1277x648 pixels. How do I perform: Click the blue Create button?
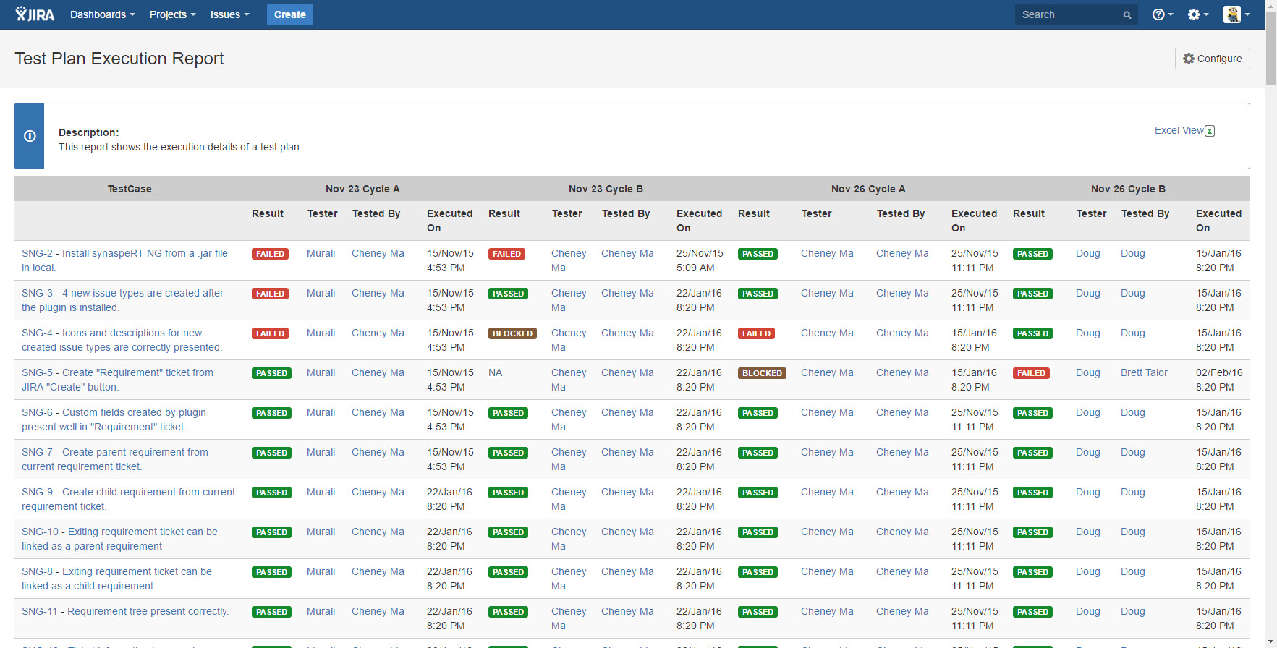[x=289, y=14]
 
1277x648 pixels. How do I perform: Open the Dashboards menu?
[x=102, y=14]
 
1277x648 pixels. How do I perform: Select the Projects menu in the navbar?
[x=172, y=14]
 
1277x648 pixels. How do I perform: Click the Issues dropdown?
[x=229, y=14]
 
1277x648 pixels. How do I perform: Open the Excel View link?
[x=1184, y=130]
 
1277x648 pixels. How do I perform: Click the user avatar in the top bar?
[x=1232, y=14]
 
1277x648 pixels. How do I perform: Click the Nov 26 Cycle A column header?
[x=868, y=189]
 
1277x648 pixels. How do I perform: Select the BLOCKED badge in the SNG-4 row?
[x=512, y=333]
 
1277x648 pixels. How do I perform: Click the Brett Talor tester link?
[x=1144, y=372]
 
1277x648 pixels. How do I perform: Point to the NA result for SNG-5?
[x=495, y=372]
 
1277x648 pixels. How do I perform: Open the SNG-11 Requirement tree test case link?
[x=125, y=611]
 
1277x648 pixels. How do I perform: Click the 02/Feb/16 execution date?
[x=1219, y=372]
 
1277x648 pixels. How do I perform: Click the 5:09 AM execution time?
[x=695, y=268]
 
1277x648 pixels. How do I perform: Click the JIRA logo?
[x=35, y=14]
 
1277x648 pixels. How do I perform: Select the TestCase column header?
[x=130, y=189]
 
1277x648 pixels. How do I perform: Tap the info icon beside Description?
[x=30, y=136]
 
